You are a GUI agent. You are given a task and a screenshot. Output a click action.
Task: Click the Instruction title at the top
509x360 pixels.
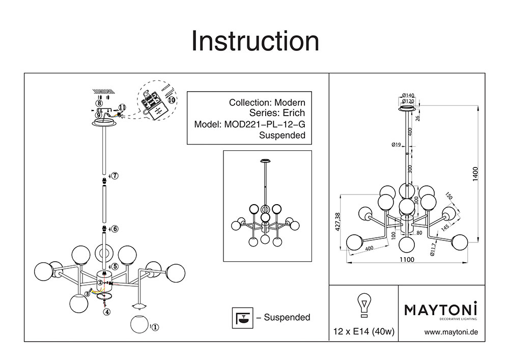click(x=254, y=41)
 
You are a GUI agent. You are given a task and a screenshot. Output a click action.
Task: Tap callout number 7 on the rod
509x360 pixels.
click(x=115, y=176)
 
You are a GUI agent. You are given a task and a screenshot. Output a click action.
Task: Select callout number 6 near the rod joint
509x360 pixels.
click(x=115, y=229)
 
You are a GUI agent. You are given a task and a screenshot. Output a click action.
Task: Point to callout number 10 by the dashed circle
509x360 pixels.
click(x=171, y=100)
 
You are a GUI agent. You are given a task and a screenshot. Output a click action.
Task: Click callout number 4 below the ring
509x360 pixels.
click(x=106, y=312)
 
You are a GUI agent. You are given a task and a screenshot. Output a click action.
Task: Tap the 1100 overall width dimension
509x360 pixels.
click(x=406, y=259)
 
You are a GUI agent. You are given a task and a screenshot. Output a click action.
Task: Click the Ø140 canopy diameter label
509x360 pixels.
click(x=408, y=95)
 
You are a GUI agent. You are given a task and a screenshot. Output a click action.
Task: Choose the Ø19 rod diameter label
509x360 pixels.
click(x=397, y=145)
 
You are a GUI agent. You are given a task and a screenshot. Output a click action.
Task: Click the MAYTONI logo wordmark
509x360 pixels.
click(x=441, y=309)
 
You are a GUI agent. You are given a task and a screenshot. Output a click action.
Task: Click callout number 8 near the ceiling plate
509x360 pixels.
click(x=99, y=103)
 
